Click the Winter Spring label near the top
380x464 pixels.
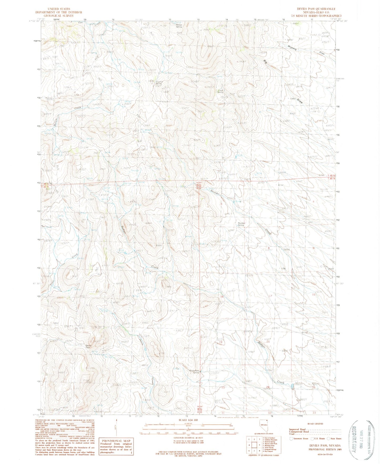pyautogui.click(x=179, y=26)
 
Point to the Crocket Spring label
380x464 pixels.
pyautogui.click(x=160, y=82)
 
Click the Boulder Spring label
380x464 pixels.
pyautogui.click(x=241, y=224)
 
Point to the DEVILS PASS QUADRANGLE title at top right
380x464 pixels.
pyautogui.click(x=315, y=9)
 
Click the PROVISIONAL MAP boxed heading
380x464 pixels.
pyautogui.click(x=116, y=441)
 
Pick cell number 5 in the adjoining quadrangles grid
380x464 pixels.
pyautogui.click(x=260, y=446)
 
